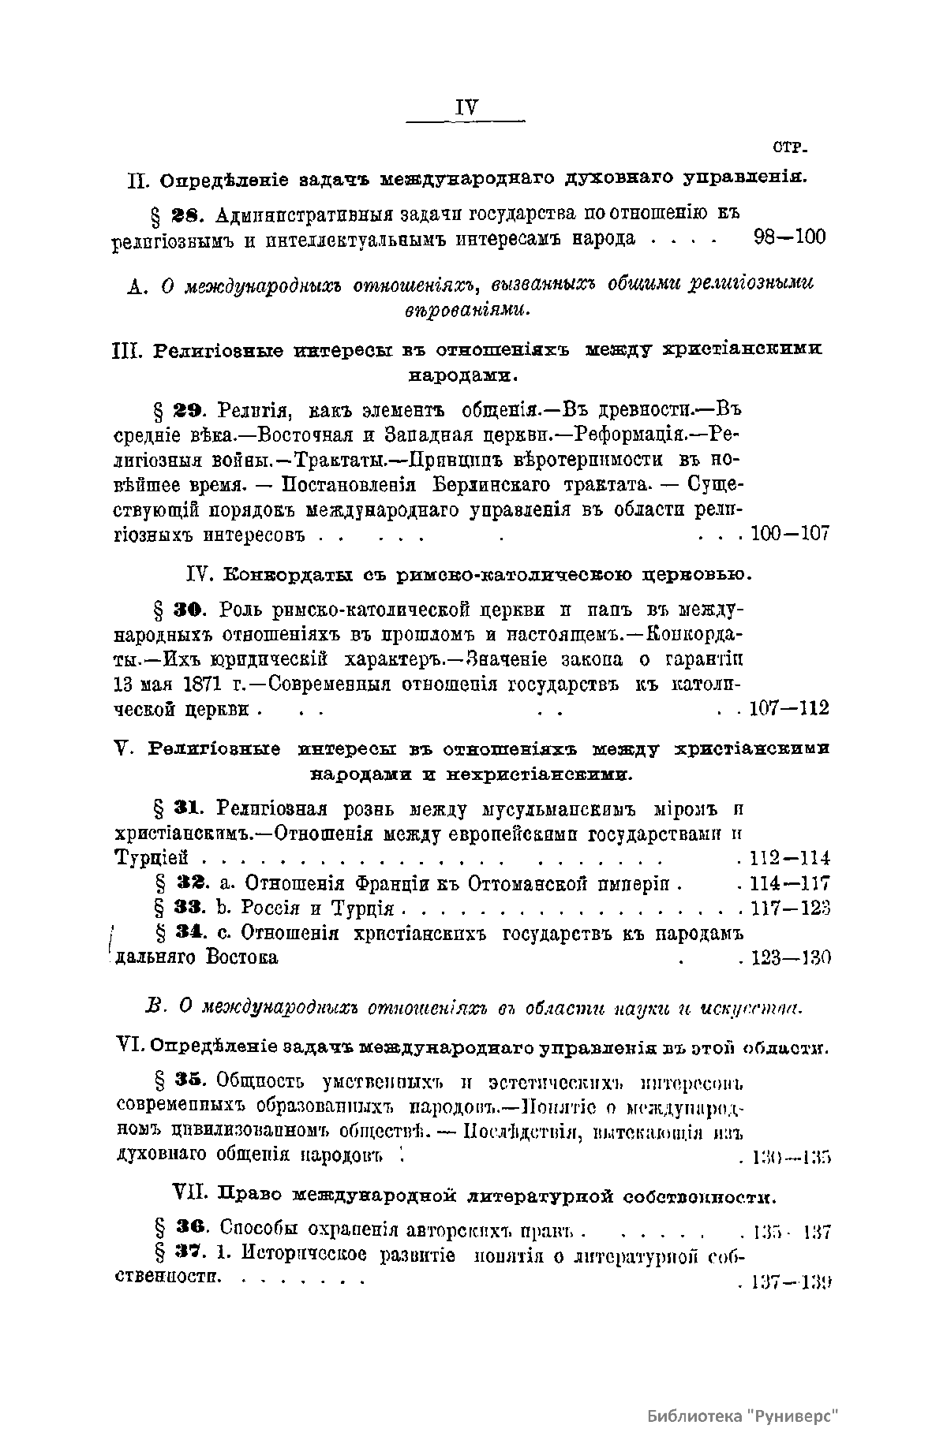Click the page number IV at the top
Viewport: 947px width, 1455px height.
click(466, 108)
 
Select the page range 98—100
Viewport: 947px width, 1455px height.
click(784, 237)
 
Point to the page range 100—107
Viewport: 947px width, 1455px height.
click(790, 534)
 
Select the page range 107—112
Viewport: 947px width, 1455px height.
click(789, 708)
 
